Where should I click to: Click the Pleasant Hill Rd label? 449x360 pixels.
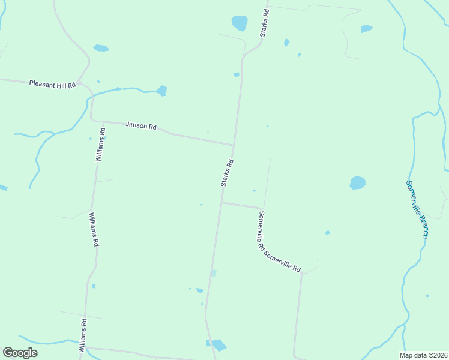click(x=52, y=84)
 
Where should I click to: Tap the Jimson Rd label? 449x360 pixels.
click(x=141, y=126)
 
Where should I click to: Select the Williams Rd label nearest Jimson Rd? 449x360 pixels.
click(x=101, y=145)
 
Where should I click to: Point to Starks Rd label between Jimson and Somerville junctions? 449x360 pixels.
click(x=227, y=173)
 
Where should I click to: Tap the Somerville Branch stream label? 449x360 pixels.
click(x=417, y=209)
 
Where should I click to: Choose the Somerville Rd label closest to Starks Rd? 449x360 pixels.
click(x=262, y=230)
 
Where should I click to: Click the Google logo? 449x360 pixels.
click(x=20, y=353)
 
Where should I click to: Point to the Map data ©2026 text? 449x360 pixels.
click(x=424, y=355)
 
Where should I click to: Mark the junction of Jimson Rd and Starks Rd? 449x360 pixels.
click(x=234, y=145)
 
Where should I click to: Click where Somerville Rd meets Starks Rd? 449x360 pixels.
click(x=221, y=203)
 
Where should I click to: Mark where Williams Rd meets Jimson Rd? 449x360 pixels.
click(x=92, y=119)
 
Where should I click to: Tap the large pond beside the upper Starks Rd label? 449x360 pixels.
click(x=240, y=23)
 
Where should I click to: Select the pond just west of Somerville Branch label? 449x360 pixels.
click(x=358, y=182)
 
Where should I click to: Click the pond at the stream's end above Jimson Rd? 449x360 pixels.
click(x=161, y=91)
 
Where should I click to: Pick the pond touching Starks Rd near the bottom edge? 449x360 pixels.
click(x=218, y=345)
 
